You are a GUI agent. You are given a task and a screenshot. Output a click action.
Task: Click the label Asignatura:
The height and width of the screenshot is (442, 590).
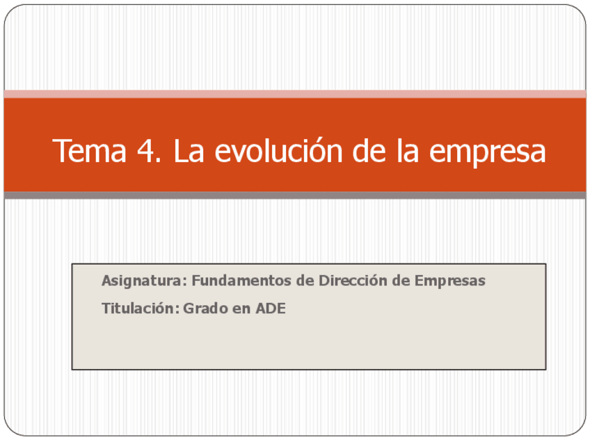144,281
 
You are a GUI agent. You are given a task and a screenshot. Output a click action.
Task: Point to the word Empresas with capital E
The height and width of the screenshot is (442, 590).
450,281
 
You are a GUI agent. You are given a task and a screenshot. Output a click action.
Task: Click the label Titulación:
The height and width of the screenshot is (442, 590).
141,308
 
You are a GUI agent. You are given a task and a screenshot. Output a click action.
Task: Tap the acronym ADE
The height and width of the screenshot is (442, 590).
271,308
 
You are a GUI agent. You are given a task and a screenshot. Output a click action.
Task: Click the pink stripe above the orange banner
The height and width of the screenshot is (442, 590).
295,94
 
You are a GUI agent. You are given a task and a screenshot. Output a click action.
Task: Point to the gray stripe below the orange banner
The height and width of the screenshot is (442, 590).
295,195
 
